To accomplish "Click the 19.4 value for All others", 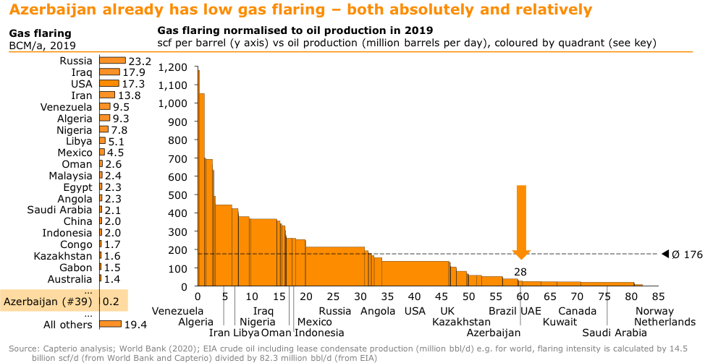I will (x=135, y=324).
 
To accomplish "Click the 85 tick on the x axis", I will (x=657, y=296).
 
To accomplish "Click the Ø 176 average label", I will (x=687, y=255).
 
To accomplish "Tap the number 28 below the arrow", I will (x=520, y=272).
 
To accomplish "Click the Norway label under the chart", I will (x=654, y=311).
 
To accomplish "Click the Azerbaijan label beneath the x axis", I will (x=494, y=333).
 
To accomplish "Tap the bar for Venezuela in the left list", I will (x=105, y=107).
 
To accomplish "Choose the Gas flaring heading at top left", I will (x=40, y=34).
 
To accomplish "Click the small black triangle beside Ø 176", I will (x=665, y=254).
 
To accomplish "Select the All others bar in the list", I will (x=110, y=324).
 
